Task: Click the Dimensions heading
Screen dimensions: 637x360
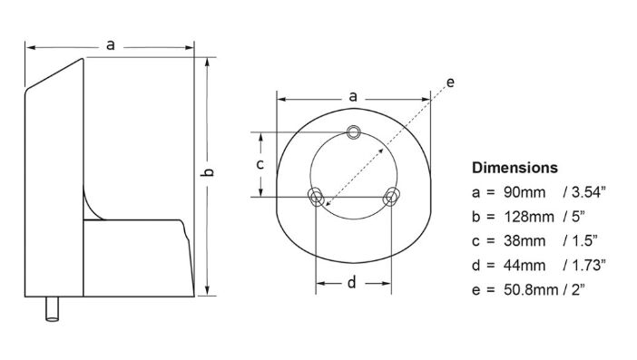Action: [514, 168]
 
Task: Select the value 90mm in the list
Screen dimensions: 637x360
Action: [524, 192]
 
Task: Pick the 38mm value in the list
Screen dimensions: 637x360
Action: [524, 241]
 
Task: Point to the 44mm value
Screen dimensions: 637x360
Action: [524, 266]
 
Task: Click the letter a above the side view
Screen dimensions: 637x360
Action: [110, 45]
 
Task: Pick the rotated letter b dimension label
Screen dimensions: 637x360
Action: [208, 172]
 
